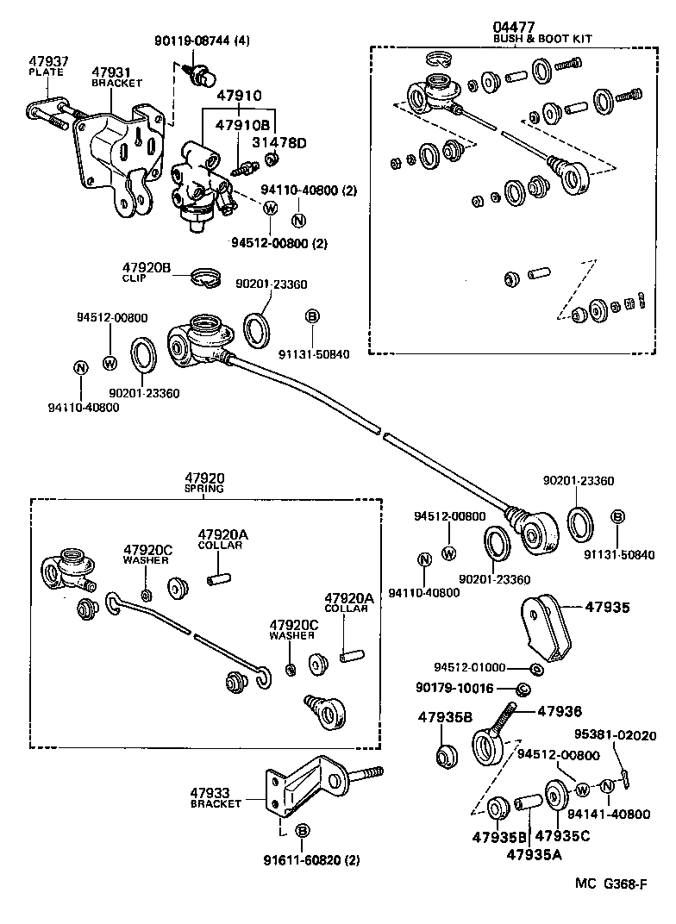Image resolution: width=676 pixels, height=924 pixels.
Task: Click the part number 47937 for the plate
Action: [x=48, y=62]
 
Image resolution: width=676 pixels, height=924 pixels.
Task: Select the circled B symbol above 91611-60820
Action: [x=302, y=831]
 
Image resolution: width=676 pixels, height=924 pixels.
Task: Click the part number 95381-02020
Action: [x=616, y=735]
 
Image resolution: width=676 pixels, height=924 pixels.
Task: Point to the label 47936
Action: [x=560, y=711]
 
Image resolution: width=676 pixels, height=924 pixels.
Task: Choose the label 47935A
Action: [x=534, y=854]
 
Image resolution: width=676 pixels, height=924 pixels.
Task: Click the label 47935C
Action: [x=562, y=836]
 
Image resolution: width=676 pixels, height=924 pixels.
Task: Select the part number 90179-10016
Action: [x=466, y=688]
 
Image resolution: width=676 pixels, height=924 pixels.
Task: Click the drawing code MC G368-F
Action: [x=611, y=883]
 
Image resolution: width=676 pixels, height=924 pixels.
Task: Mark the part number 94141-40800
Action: [x=616, y=814]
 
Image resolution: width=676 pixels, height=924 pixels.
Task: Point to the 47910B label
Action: [x=243, y=125]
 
